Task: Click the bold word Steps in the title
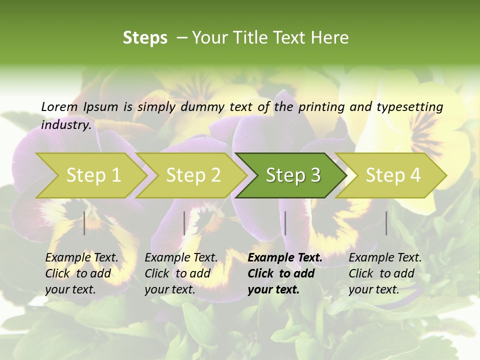[145, 38]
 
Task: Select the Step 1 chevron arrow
[93, 175]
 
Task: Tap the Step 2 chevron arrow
[193, 175]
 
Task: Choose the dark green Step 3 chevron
[293, 175]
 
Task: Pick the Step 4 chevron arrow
[393, 175]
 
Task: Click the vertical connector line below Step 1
[84, 223]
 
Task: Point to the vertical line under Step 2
[184, 223]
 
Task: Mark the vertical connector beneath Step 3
[285, 223]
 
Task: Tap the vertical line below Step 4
[386, 223]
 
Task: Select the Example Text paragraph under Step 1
[81, 273]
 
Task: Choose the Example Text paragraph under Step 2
[181, 273]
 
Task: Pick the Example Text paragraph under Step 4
[385, 273]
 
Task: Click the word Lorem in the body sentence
[59, 107]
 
